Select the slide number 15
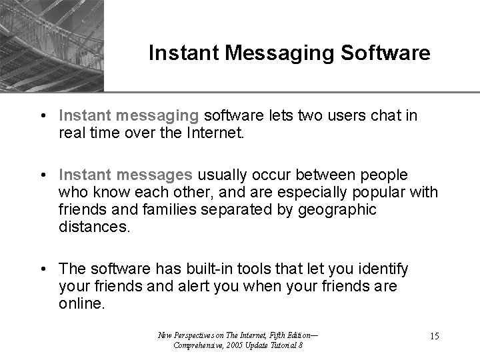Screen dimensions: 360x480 pos(433,336)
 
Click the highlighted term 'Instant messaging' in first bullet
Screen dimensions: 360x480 pos(129,116)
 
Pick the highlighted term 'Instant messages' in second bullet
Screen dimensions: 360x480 pos(127,174)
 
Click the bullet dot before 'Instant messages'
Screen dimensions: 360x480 pos(43,174)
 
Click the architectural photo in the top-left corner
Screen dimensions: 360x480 pos(52,45)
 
